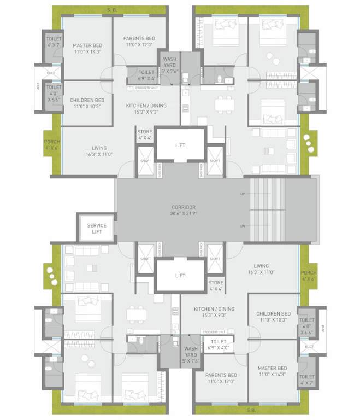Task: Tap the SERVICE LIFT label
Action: click(97, 229)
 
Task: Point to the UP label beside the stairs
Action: click(242, 194)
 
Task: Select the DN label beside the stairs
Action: click(242, 226)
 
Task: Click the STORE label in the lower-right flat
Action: click(216, 283)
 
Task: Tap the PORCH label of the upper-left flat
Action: click(52, 142)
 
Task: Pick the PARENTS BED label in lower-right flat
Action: click(221, 375)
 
